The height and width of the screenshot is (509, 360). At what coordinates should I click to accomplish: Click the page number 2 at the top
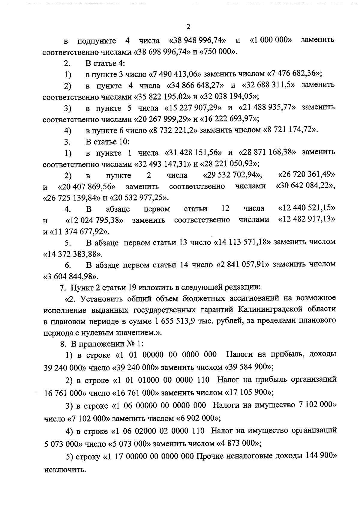[188, 27]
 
